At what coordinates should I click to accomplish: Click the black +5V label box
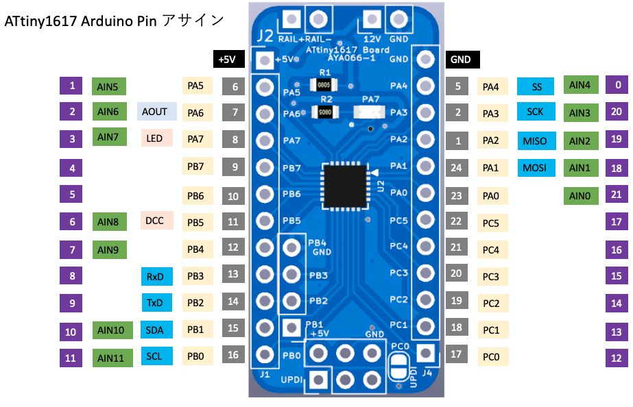[x=226, y=60]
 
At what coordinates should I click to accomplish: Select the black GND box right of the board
[x=461, y=60]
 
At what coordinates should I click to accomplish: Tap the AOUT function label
[x=157, y=112]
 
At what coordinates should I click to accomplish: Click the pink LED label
[x=155, y=138]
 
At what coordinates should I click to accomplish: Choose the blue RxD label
[x=155, y=276]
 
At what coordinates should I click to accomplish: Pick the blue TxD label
[x=155, y=303]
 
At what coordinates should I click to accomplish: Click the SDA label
[x=155, y=330]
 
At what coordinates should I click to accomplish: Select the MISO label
[x=535, y=141]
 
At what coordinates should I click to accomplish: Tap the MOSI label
[x=535, y=167]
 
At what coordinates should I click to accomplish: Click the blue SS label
[x=536, y=86]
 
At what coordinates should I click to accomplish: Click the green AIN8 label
[x=108, y=221]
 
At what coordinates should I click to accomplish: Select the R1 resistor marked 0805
[x=324, y=84]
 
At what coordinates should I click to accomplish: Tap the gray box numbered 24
[x=457, y=167]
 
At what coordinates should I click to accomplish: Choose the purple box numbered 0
[x=618, y=85]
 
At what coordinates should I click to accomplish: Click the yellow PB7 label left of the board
[x=195, y=166]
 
